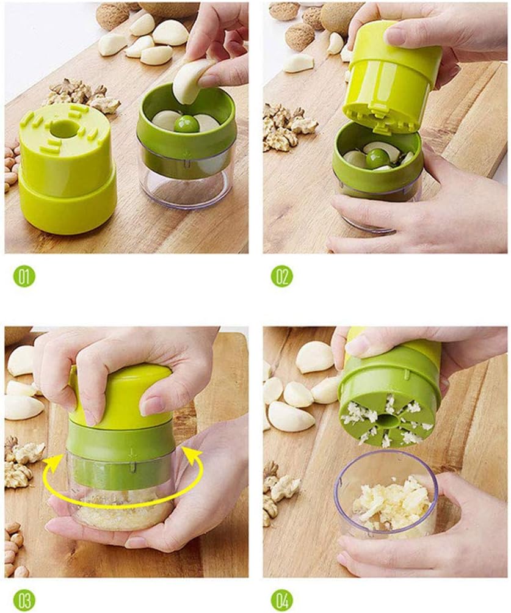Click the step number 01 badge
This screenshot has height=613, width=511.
25,277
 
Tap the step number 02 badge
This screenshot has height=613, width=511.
282,277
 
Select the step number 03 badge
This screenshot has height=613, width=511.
25,599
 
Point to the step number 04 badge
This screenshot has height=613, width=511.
282,599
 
